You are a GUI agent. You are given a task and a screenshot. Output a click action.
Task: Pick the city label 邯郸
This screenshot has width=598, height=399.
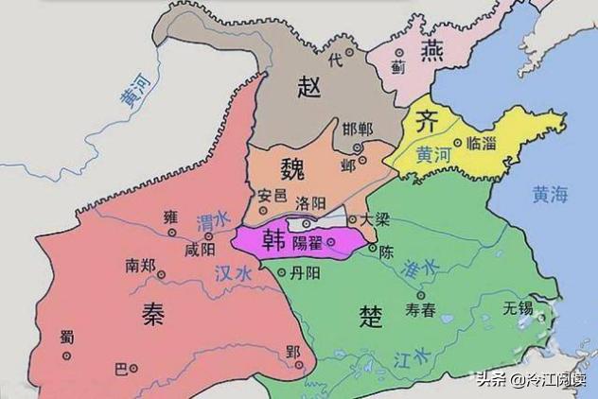pos(358,129)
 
